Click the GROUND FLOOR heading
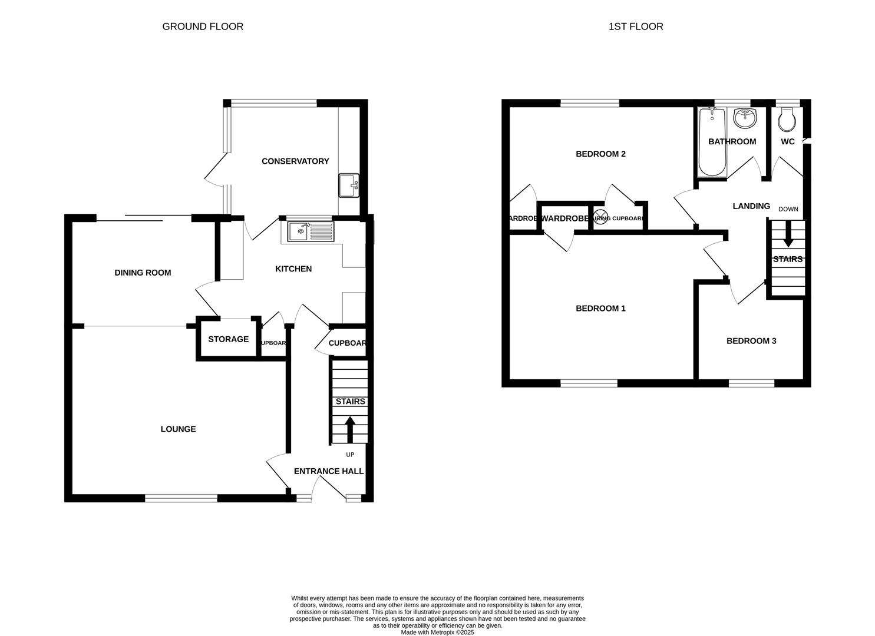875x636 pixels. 203,26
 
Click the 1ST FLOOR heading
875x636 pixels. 636,26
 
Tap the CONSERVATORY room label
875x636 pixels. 295,161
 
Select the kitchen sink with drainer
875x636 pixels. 311,231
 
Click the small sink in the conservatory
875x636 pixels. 348,185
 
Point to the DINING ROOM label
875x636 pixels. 143,273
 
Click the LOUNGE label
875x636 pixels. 178,429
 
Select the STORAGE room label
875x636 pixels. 228,340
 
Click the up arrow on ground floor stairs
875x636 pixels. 349,429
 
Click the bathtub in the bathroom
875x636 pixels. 712,143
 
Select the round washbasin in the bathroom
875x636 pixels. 745,118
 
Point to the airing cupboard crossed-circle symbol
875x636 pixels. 600,217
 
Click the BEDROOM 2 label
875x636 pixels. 600,154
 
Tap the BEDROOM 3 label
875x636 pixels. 751,341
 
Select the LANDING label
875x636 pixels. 751,206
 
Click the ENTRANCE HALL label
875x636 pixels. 329,471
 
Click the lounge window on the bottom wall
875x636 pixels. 181,498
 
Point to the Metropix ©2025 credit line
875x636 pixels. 437,632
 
